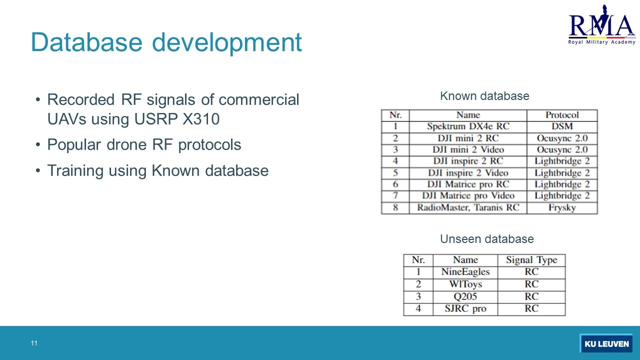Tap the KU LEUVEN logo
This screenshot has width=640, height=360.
(606, 343)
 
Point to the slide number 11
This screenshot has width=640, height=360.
(34, 343)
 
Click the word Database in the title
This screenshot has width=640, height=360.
(86, 42)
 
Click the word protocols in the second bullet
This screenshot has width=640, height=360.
(209, 145)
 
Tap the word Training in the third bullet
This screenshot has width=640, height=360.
(75, 171)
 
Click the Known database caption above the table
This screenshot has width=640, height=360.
(484, 96)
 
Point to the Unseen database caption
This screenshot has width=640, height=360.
(487, 239)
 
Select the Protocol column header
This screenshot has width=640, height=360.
(562, 115)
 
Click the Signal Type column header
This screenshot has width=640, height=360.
(531, 260)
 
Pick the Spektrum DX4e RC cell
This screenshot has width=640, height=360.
(468, 126)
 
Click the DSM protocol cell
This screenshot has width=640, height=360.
(562, 126)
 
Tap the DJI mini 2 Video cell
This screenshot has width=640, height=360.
(468, 149)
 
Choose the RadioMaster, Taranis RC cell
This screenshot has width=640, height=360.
(468, 207)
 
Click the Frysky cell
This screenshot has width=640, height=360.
(562, 207)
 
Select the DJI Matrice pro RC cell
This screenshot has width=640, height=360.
(468, 184)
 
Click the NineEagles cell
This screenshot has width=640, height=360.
(465, 271)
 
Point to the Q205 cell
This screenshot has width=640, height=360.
(465, 296)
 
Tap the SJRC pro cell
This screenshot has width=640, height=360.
(465, 308)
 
